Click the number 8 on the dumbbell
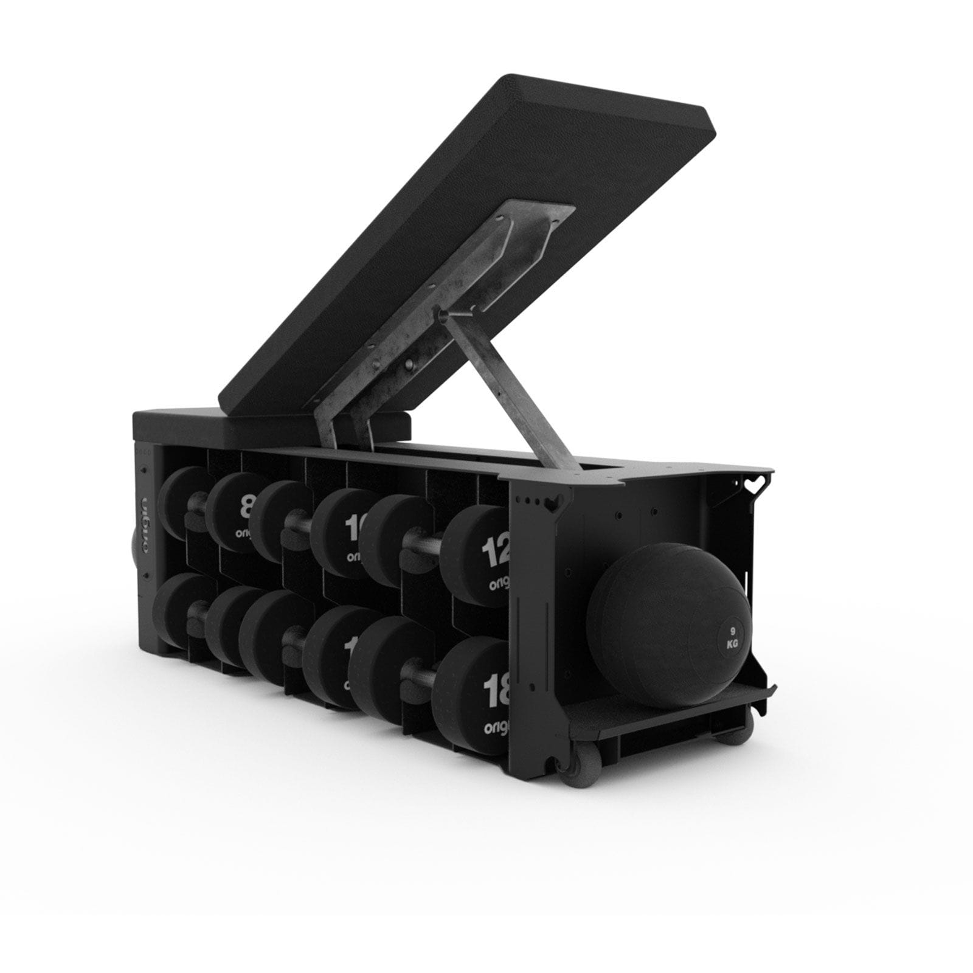point(247,506)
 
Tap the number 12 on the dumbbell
point(494,554)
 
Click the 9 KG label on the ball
point(732,637)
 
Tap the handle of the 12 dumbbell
point(426,539)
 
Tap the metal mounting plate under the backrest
point(438,304)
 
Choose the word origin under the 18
point(496,727)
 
